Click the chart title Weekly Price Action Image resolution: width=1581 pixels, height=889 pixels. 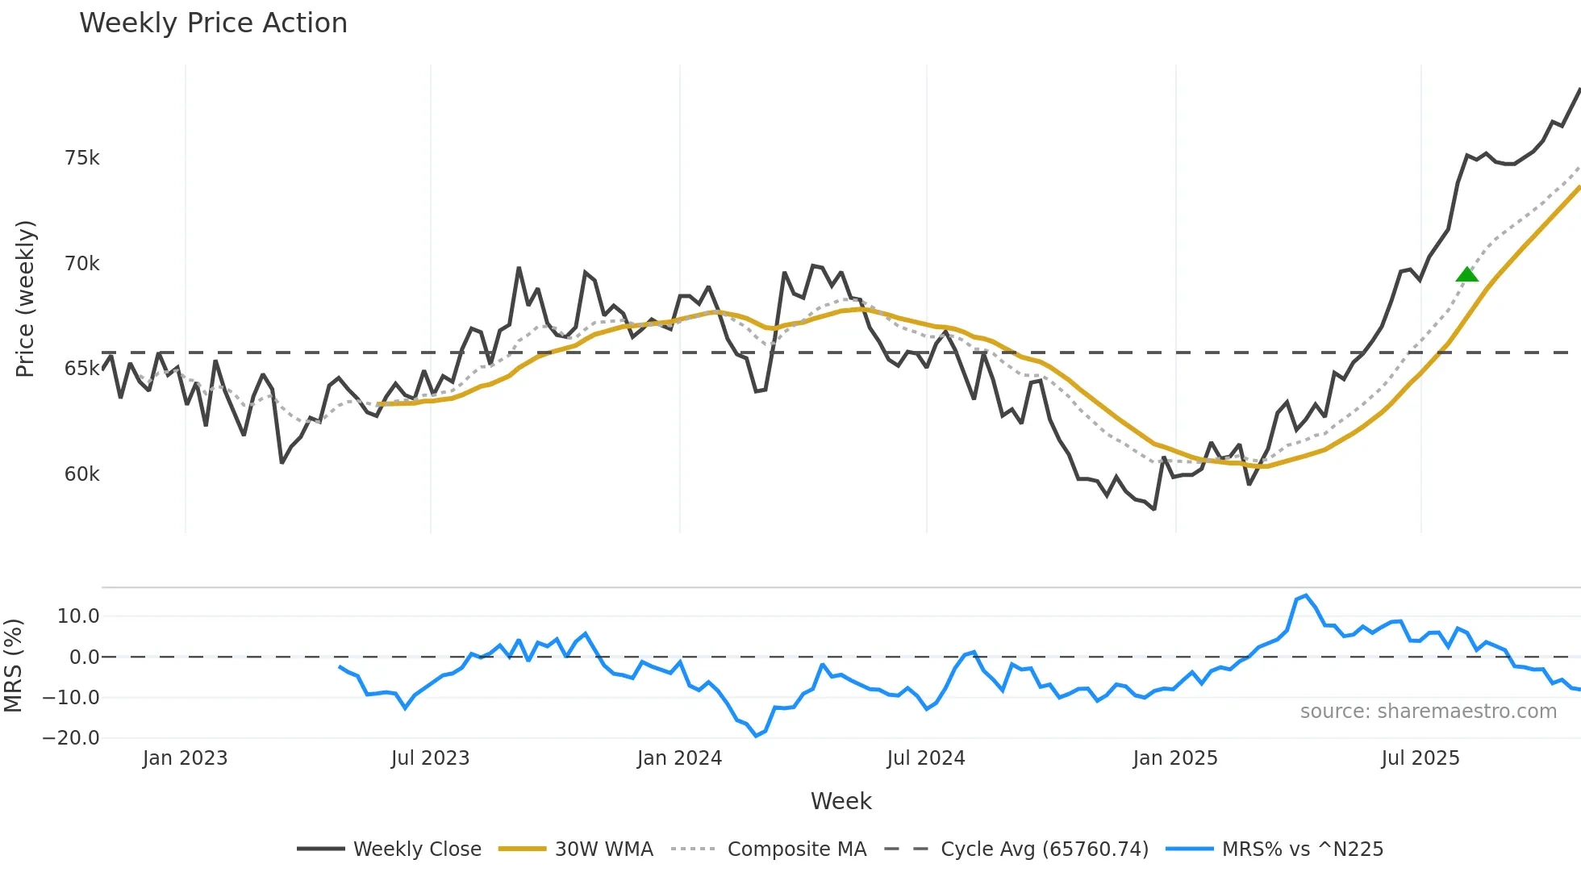pyautogui.click(x=213, y=23)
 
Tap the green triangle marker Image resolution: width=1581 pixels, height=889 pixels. pyautogui.click(x=1467, y=275)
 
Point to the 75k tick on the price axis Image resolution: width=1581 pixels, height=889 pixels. pyautogui.click(x=82, y=158)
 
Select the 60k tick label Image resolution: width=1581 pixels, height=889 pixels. pyautogui.click(x=82, y=474)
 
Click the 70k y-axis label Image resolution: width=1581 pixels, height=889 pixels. pyautogui.click(x=82, y=264)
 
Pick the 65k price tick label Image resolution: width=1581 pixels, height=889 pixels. pyautogui.click(x=82, y=369)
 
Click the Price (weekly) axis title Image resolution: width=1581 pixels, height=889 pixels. pyautogui.click(x=25, y=298)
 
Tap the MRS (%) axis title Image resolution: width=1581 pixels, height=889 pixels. pyautogui.click(x=13, y=666)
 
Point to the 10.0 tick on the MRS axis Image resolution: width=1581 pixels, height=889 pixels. pyautogui.click(x=78, y=616)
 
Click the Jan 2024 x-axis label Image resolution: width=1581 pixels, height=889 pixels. pyautogui.click(x=679, y=758)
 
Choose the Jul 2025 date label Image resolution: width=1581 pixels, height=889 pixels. pyautogui.click(x=1420, y=758)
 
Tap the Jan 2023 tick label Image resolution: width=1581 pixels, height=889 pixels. pyautogui.click(x=185, y=758)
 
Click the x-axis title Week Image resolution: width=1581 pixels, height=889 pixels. pyautogui.click(x=841, y=801)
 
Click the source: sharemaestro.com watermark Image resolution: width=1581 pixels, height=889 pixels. pyautogui.click(x=1428, y=712)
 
